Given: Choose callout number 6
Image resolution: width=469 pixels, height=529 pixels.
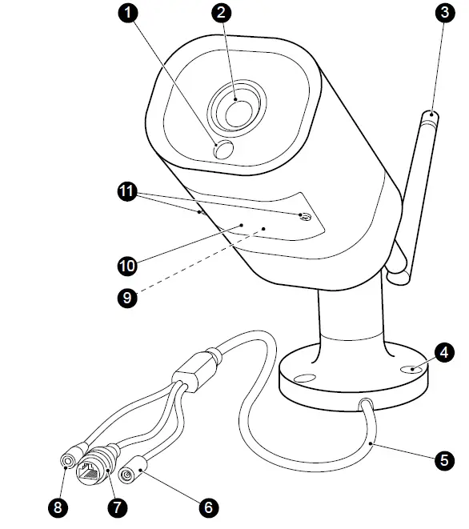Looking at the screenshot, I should click(208, 507).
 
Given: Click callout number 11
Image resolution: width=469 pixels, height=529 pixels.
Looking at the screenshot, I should click(126, 192).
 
